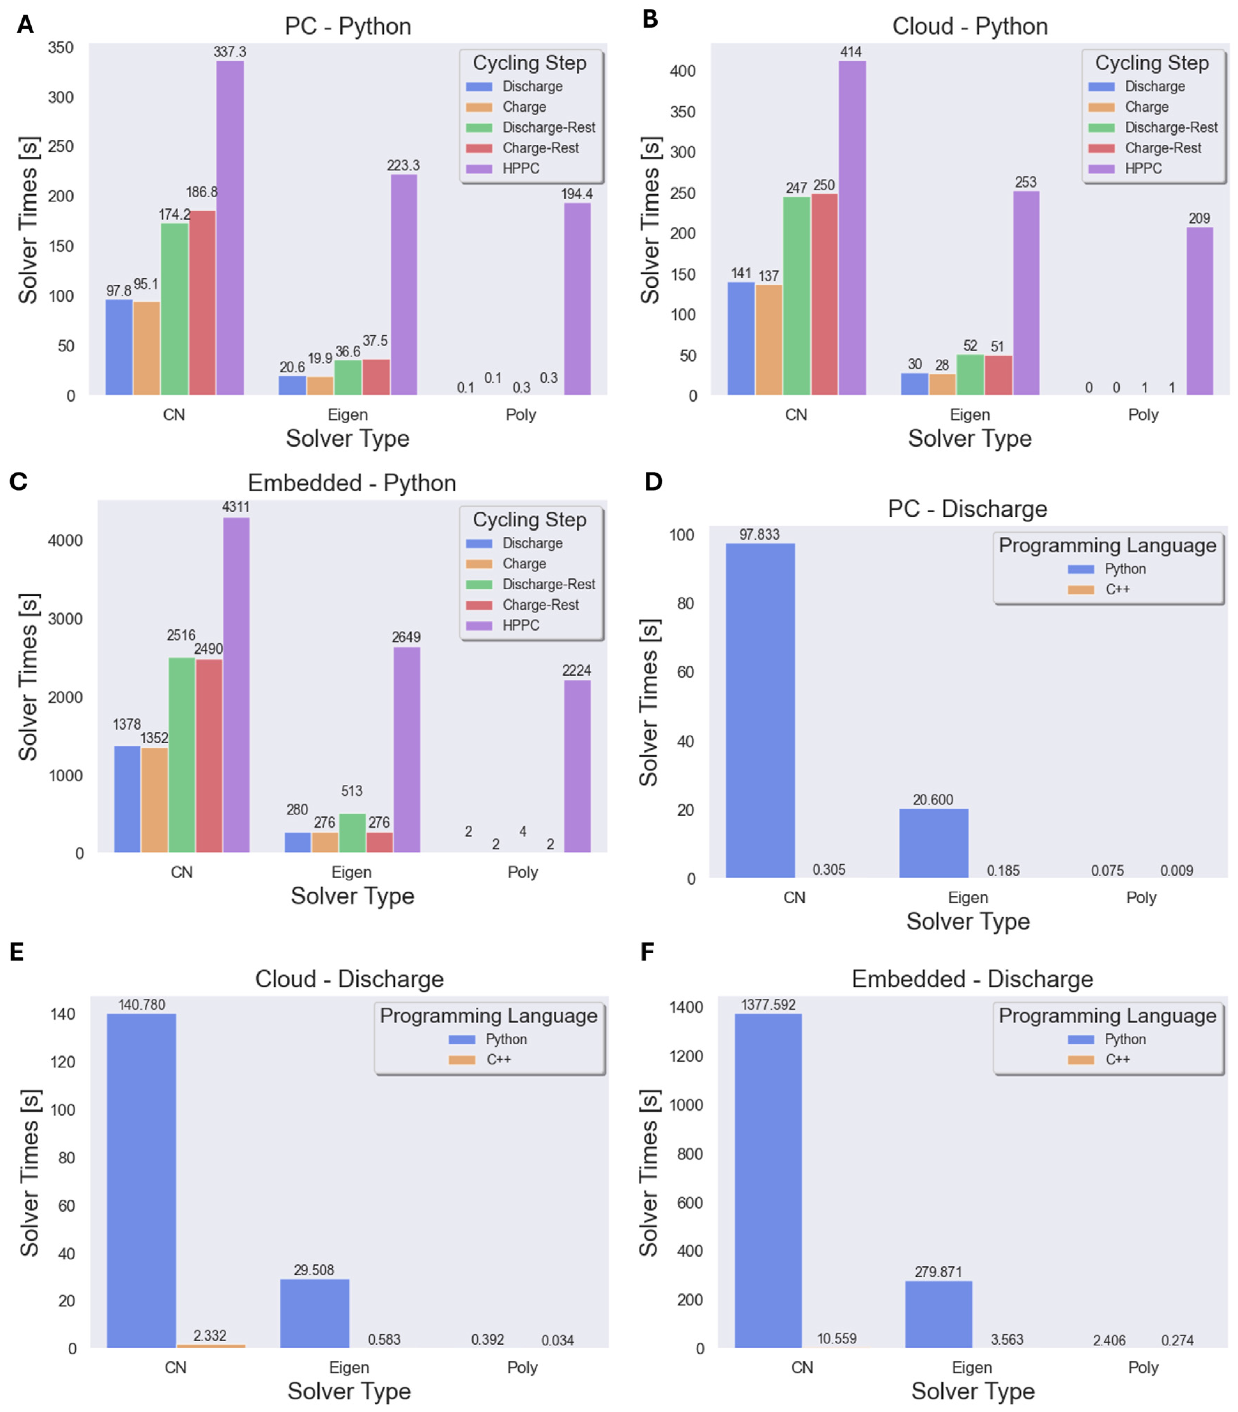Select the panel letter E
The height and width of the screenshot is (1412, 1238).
click(17, 952)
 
